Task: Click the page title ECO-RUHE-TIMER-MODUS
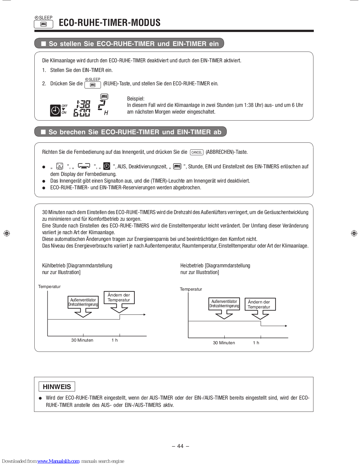[x=109, y=22]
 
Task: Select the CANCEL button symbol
[x=196, y=152]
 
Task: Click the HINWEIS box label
[x=57, y=387]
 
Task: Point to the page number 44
[x=180, y=446]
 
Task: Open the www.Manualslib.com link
[x=58, y=461]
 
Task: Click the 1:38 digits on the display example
[x=83, y=104]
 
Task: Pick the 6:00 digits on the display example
[x=82, y=112]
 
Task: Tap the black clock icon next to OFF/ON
[x=55, y=110]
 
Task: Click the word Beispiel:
[x=136, y=99]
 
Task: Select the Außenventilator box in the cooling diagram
[x=83, y=302]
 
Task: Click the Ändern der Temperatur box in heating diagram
[x=260, y=304]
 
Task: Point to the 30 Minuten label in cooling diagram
[x=82, y=340]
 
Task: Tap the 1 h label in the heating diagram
[x=256, y=343]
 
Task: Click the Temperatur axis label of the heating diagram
[x=191, y=289]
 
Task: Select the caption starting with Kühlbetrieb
[x=77, y=269]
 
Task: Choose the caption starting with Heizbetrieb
[x=215, y=269]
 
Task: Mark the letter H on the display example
[x=106, y=113]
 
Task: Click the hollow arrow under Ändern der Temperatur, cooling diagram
[x=119, y=308]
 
